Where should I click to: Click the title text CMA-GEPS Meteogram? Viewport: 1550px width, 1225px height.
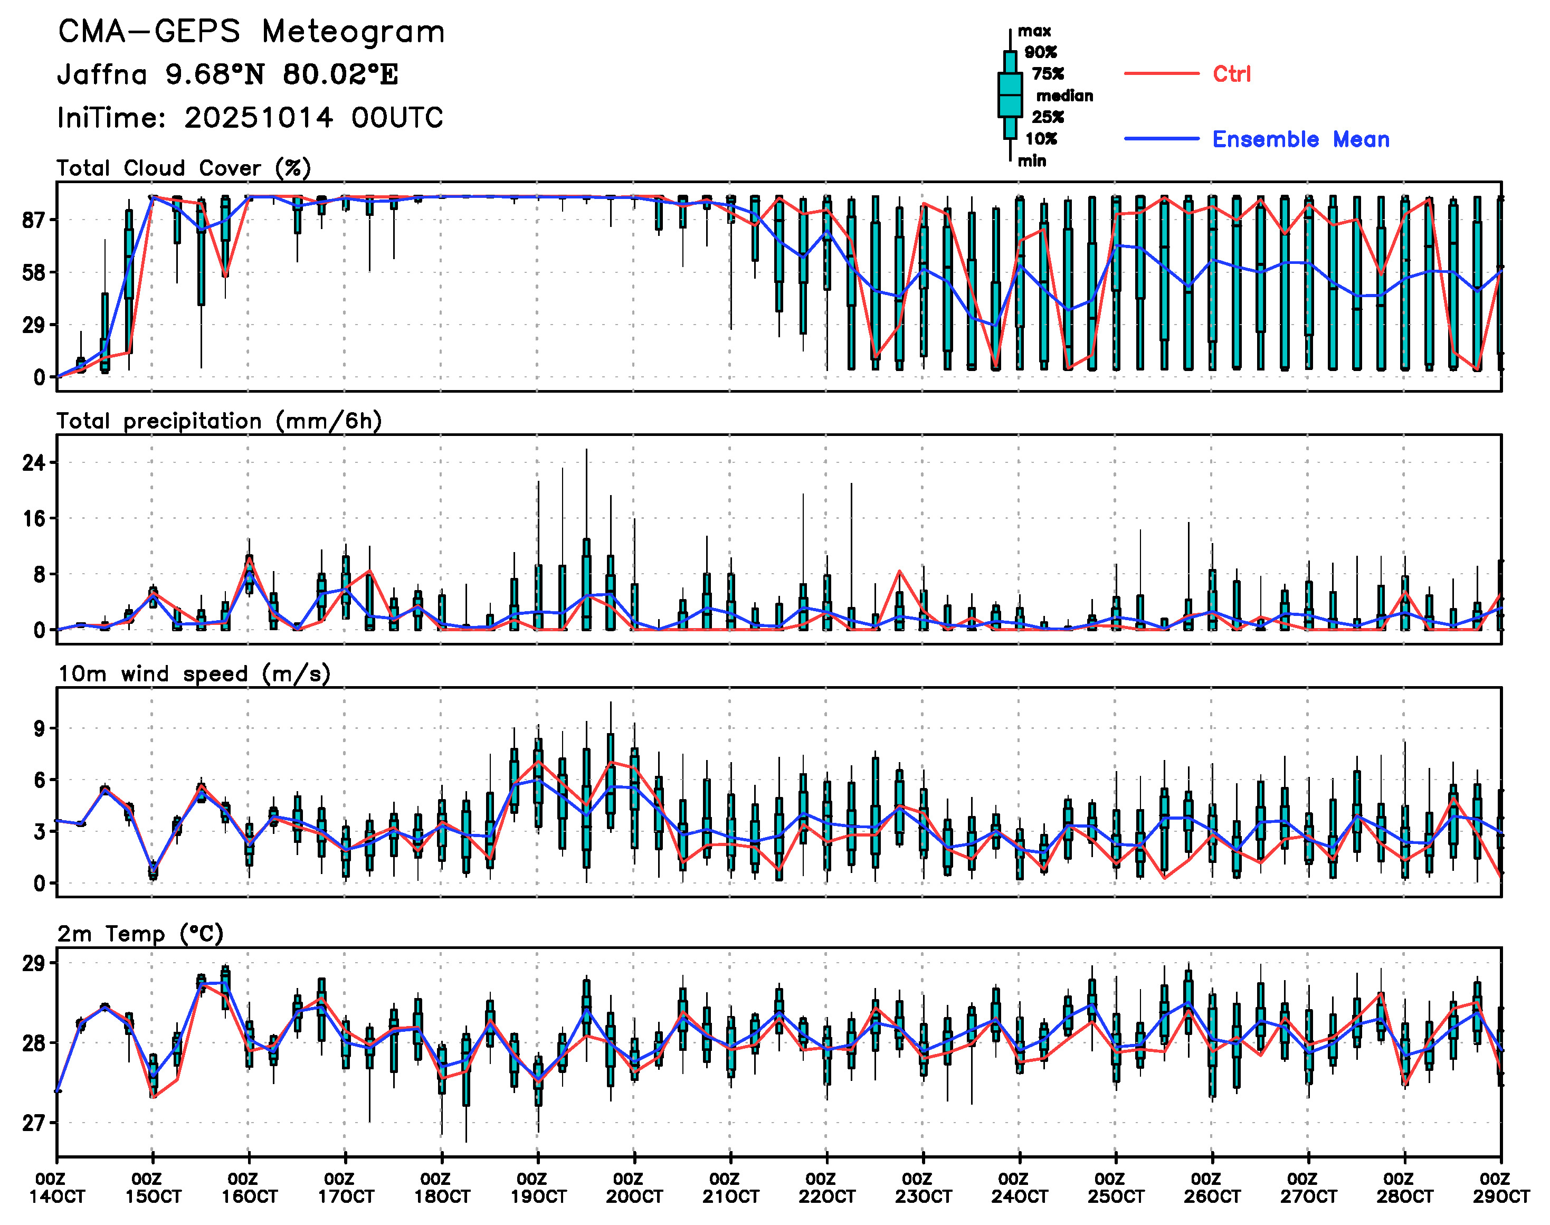[x=251, y=32]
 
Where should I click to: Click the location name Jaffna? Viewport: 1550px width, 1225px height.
[x=102, y=74]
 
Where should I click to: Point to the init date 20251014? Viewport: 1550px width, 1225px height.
[x=258, y=118]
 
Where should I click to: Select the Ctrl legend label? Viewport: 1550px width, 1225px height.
[x=1232, y=74]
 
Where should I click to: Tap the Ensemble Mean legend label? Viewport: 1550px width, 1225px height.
[x=1300, y=139]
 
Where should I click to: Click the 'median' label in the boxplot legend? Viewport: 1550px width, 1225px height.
[x=1064, y=96]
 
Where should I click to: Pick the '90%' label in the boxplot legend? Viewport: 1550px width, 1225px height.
[x=1040, y=52]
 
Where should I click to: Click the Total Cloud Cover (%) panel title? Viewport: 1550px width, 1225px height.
[x=184, y=168]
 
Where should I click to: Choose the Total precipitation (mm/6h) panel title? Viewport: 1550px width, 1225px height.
[x=219, y=421]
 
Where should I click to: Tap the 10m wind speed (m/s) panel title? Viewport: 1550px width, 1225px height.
[x=194, y=674]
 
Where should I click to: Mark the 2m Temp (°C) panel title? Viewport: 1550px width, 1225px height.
[x=140, y=934]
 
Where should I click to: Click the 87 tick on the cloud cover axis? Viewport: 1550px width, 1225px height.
[x=34, y=220]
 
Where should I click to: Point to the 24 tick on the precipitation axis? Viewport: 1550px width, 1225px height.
[x=34, y=462]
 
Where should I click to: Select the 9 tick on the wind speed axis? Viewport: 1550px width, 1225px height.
[x=39, y=729]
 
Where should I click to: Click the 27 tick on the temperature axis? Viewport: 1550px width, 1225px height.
[x=34, y=1123]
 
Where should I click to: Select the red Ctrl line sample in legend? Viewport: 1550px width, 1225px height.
[x=1161, y=74]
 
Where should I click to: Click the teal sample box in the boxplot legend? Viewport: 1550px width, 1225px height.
[x=1010, y=94]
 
